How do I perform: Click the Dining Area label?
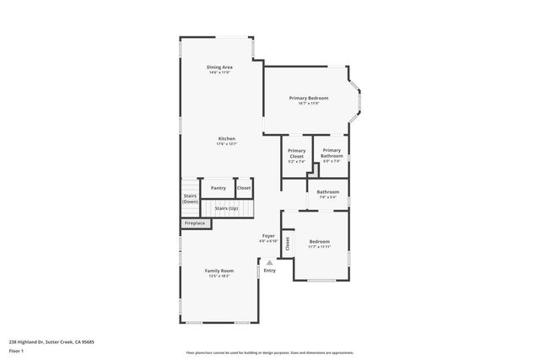(x=220, y=67)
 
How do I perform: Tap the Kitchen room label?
(x=227, y=138)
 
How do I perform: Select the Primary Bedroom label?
(x=309, y=99)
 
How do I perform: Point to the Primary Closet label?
(x=296, y=154)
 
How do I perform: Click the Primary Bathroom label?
(x=332, y=153)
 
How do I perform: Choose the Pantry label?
(x=219, y=188)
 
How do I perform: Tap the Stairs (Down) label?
(x=191, y=199)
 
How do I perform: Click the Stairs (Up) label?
(x=226, y=207)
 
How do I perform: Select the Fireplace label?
(x=195, y=223)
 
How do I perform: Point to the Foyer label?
(x=268, y=235)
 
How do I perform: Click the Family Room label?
(x=219, y=271)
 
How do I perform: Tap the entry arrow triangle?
(x=269, y=262)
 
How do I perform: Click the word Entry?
(x=269, y=271)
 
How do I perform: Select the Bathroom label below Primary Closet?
(x=327, y=192)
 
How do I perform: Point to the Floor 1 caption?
(x=17, y=350)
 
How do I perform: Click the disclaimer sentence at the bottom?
(x=269, y=353)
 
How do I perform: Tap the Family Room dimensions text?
(x=219, y=276)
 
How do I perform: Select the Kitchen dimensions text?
(x=227, y=143)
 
